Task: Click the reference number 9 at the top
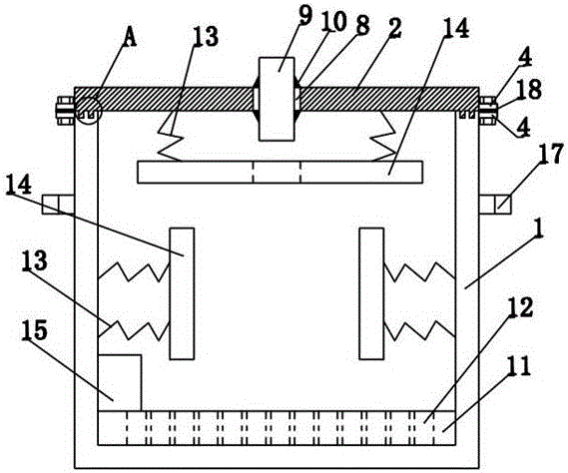305,16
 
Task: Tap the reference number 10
333,21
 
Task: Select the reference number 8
362,25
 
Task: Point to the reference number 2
394,28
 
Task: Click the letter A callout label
130,38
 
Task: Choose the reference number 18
529,89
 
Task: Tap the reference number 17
550,154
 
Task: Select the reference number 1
539,229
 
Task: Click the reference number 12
520,307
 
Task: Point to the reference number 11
519,366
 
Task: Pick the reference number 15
34,330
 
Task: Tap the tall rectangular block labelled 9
277,99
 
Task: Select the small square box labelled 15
120,383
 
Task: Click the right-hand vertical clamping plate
371,293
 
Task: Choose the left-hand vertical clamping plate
182,293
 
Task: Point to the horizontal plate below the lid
281,172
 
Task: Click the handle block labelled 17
495,204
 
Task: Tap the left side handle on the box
58,204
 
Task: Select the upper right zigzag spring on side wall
419,271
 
